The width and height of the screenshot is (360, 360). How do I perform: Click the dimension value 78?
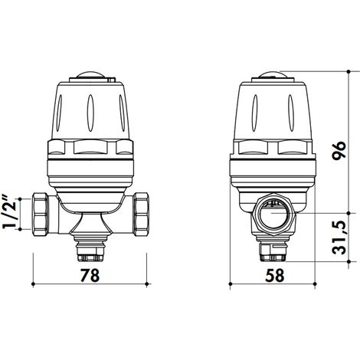click(90, 275)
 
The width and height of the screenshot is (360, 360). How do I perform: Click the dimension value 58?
click(275, 275)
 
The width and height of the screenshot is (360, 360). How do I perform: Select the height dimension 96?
click(339, 150)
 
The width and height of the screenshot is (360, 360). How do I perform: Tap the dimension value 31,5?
click(339, 237)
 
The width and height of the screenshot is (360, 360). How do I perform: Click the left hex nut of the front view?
click(40, 214)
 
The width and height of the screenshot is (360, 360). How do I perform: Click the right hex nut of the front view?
click(141, 214)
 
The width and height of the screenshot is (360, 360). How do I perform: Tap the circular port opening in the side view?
click(273, 214)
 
